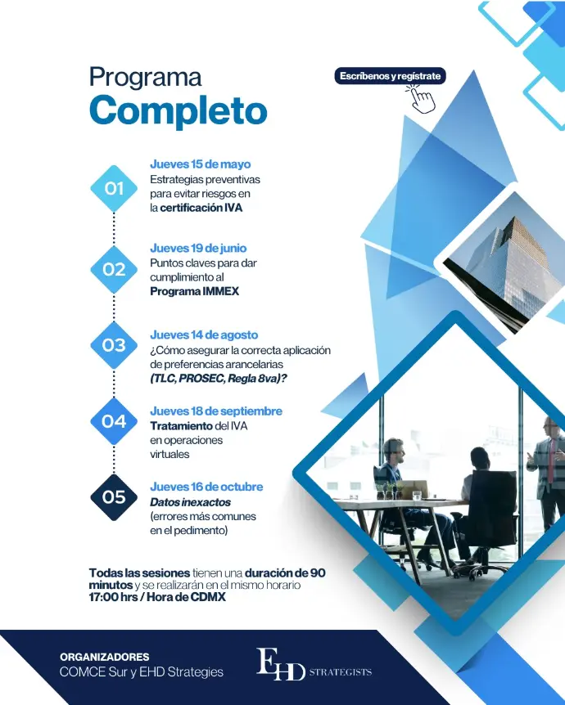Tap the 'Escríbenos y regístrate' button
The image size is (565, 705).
[390, 76]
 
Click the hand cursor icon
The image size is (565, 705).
[422, 99]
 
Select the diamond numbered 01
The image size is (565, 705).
[114, 188]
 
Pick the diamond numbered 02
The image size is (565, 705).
[114, 269]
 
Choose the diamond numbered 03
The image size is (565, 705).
[114, 345]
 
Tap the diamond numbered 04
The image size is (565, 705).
[114, 421]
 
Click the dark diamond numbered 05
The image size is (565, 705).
[114, 497]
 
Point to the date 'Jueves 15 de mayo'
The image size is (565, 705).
[201, 164]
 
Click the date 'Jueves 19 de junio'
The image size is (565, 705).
[198, 248]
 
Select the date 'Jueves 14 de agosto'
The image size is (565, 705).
[204, 335]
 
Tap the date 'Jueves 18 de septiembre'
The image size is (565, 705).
[216, 411]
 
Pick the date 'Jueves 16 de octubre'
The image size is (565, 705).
[206, 487]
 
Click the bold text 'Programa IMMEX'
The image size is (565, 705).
[195, 291]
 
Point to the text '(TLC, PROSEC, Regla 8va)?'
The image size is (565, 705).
[219, 379]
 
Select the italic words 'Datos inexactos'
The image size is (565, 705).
[191, 502]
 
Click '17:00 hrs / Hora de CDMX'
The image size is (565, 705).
[157, 597]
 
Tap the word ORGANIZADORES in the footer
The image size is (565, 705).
[105, 657]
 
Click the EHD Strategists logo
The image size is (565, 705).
[314, 664]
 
